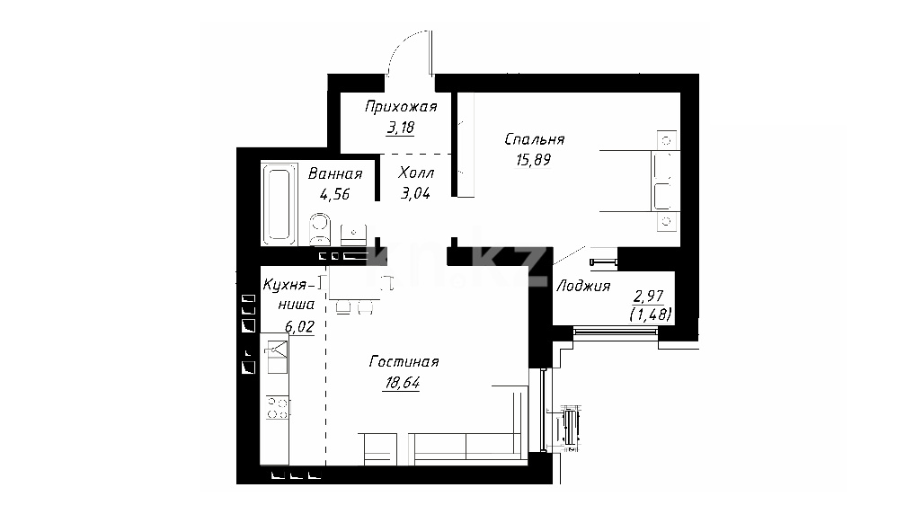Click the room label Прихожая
click(401, 107)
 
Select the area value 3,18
click(401, 128)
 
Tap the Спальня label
click(535, 140)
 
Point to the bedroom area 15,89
click(533, 160)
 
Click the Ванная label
click(335, 173)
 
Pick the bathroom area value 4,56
click(334, 194)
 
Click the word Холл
click(416, 173)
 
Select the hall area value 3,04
click(415, 193)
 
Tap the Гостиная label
click(404, 362)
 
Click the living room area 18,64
click(403, 383)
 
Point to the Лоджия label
click(583, 286)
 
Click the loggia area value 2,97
click(649, 296)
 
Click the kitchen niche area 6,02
click(299, 327)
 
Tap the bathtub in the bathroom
click(279, 204)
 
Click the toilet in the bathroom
click(319, 228)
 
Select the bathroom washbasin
click(352, 235)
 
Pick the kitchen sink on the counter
click(276, 358)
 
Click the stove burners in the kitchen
click(278, 408)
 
